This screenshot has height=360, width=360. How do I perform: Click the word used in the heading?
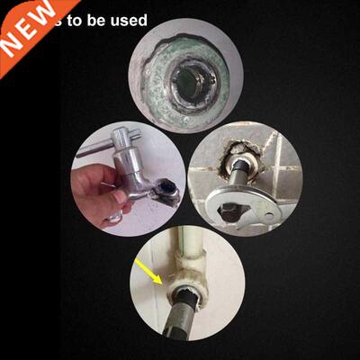(x=125, y=20)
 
